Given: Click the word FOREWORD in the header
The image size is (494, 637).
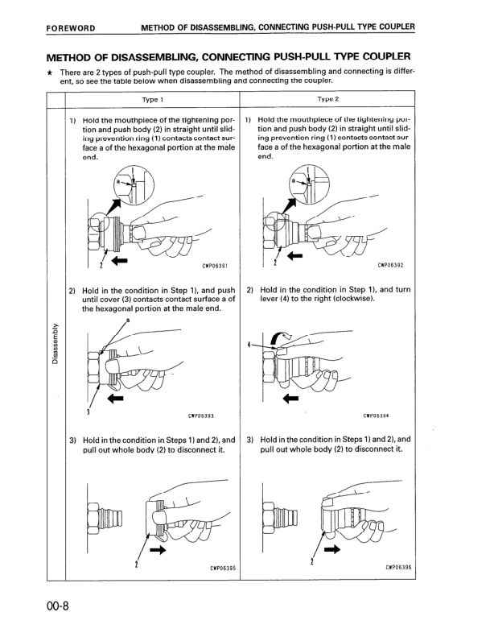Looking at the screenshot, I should click(72, 27).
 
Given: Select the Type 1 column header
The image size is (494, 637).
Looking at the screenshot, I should click(152, 100).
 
